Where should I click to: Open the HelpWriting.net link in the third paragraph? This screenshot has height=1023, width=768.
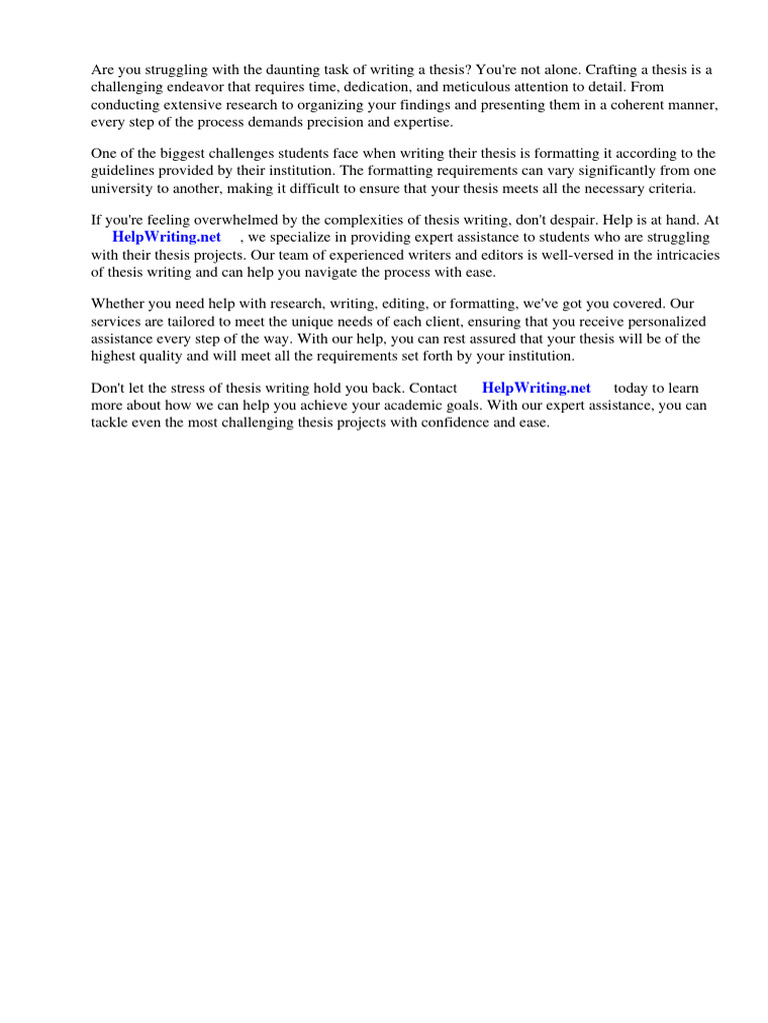coord(167,237)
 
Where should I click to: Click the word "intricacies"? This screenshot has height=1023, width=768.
coord(683,254)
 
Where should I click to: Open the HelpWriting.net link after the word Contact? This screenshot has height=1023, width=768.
coord(536,388)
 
